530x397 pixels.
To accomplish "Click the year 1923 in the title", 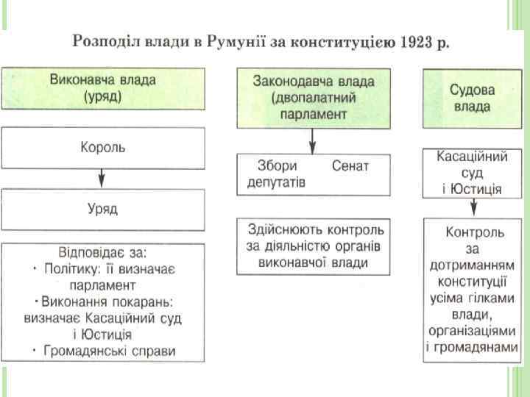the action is point(417,40).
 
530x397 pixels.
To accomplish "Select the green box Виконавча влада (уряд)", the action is point(102,87).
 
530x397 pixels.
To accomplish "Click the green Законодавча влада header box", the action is point(313,98).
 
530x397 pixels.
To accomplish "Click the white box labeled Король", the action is point(102,147).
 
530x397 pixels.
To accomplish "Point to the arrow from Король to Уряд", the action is point(102,179).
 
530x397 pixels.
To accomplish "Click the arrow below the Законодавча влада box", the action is point(313,140).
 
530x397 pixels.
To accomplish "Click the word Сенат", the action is point(350,165).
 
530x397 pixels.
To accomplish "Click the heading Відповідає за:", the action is point(102,251).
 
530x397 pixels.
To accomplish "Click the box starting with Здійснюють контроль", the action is point(313,246).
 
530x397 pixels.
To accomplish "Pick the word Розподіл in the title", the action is point(99,40).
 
